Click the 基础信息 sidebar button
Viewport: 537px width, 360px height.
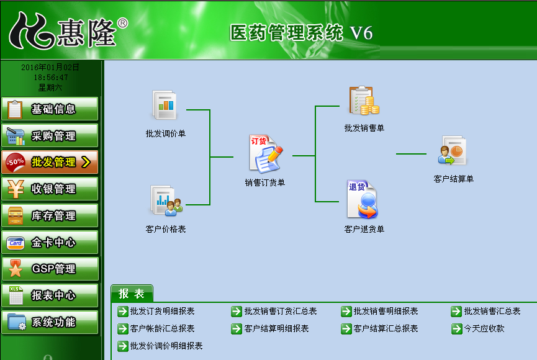coord(50,109)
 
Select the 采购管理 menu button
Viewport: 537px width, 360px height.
coord(50,136)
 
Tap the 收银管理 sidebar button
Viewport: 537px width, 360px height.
coord(50,189)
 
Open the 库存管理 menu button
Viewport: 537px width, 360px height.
coord(50,215)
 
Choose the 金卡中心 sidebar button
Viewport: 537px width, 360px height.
coord(50,242)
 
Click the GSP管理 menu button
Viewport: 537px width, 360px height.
coord(50,269)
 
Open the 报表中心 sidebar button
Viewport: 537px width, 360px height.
coord(50,295)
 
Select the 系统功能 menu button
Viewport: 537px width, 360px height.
coord(50,322)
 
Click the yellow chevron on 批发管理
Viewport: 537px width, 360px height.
coord(86,162)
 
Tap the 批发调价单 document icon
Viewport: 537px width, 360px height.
coord(165,105)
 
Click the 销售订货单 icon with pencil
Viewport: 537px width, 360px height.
coord(266,154)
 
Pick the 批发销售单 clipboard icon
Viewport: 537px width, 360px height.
coord(364,101)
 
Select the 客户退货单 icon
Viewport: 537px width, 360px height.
coord(363,199)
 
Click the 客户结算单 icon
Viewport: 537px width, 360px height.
coord(453,150)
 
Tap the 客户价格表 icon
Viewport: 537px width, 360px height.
coord(166,200)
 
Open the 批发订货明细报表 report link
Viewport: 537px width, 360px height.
coord(162,311)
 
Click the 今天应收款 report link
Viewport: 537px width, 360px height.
coord(484,328)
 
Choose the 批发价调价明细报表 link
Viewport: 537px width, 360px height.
coord(166,346)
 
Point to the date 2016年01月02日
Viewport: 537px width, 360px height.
coord(50,67)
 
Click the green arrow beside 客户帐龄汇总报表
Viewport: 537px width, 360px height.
coord(122,329)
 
